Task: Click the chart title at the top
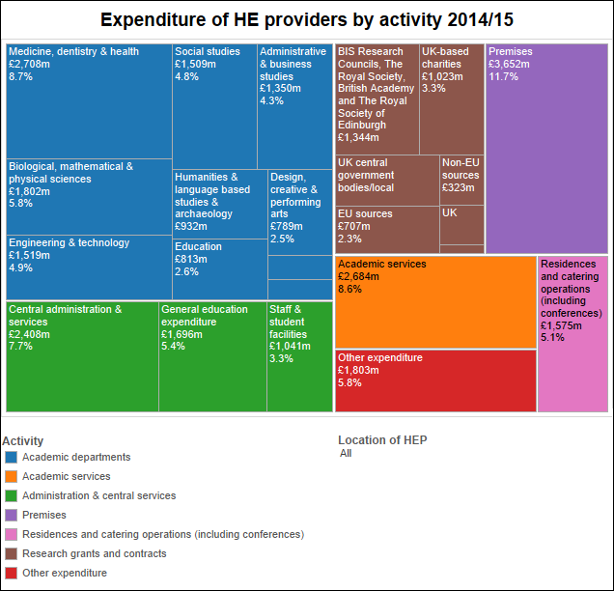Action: (x=306, y=19)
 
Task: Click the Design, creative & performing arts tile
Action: (x=300, y=208)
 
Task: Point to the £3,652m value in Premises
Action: (x=508, y=64)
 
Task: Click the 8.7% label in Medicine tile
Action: (x=21, y=76)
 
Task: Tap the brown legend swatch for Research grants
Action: (x=11, y=553)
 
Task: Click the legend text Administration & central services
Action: (x=98, y=495)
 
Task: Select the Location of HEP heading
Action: (x=382, y=440)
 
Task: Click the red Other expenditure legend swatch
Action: (x=11, y=573)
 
